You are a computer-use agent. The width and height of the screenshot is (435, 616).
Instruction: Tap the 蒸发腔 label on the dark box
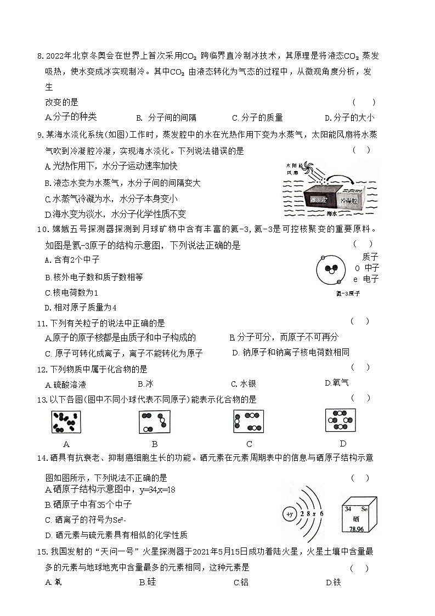(x=317, y=201)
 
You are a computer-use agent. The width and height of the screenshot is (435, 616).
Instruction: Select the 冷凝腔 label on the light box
(x=352, y=201)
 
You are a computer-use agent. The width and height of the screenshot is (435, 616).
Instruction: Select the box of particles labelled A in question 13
(x=66, y=421)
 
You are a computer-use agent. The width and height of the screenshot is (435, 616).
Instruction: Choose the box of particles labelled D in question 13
(x=340, y=420)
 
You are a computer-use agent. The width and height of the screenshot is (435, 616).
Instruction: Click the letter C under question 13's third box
(x=249, y=444)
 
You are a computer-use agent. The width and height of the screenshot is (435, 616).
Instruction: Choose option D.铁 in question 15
(x=333, y=582)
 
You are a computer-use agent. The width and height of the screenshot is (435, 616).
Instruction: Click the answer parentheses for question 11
(x=360, y=321)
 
